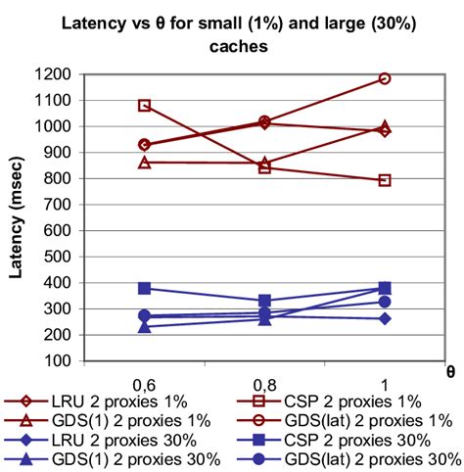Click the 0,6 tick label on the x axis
(144, 379)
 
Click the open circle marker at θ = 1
(385, 78)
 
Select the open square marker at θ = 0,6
(145, 105)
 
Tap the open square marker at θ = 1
(385, 180)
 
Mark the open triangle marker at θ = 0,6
(145, 162)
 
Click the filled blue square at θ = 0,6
(145, 288)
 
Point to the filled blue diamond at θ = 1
(385, 318)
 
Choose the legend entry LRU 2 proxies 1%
(115, 401)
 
